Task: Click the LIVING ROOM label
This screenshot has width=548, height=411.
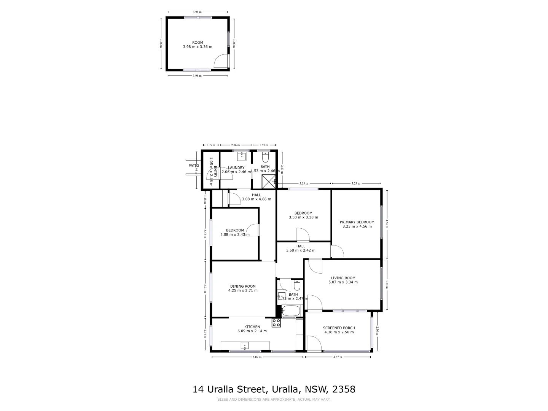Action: tap(343, 278)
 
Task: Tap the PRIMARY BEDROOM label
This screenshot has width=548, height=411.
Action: tap(357, 222)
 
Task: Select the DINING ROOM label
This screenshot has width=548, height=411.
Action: tap(243, 286)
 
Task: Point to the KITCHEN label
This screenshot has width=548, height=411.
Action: tap(252, 327)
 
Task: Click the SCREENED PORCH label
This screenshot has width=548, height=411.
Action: tap(339, 328)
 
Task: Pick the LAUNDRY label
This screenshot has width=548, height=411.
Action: tap(236, 168)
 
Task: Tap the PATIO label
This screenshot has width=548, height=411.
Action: tap(194, 166)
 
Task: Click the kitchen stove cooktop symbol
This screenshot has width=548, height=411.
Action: tap(276, 323)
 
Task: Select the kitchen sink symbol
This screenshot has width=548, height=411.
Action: tap(245, 346)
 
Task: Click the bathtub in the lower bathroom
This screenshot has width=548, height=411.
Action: tap(292, 312)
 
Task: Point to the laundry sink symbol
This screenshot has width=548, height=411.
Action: tap(242, 156)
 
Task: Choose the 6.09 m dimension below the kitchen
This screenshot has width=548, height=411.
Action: tap(257, 357)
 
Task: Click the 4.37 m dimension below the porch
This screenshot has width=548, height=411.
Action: tap(338, 357)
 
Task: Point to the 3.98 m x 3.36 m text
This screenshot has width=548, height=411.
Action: tap(198, 47)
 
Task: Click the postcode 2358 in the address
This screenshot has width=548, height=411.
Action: tap(344, 389)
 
